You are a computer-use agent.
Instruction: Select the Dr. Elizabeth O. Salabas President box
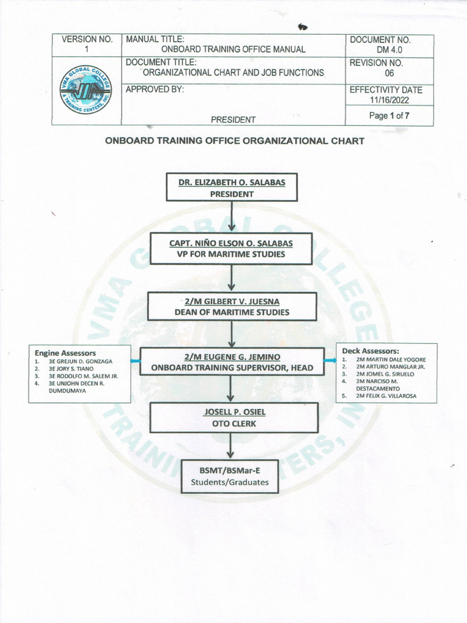point(232,187)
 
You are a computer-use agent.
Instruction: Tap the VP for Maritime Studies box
point(231,248)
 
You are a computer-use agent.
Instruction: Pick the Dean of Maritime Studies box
point(232,306)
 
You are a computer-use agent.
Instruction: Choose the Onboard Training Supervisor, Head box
point(232,361)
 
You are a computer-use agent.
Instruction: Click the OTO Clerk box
point(234,417)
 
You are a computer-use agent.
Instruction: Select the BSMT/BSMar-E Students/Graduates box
point(230,476)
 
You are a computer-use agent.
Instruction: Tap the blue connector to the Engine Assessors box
point(136,361)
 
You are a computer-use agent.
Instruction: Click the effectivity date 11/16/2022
point(387,100)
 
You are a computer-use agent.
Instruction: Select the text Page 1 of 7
point(389,116)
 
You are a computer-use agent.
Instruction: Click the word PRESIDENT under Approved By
point(233,119)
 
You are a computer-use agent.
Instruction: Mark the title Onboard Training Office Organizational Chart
point(235,141)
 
